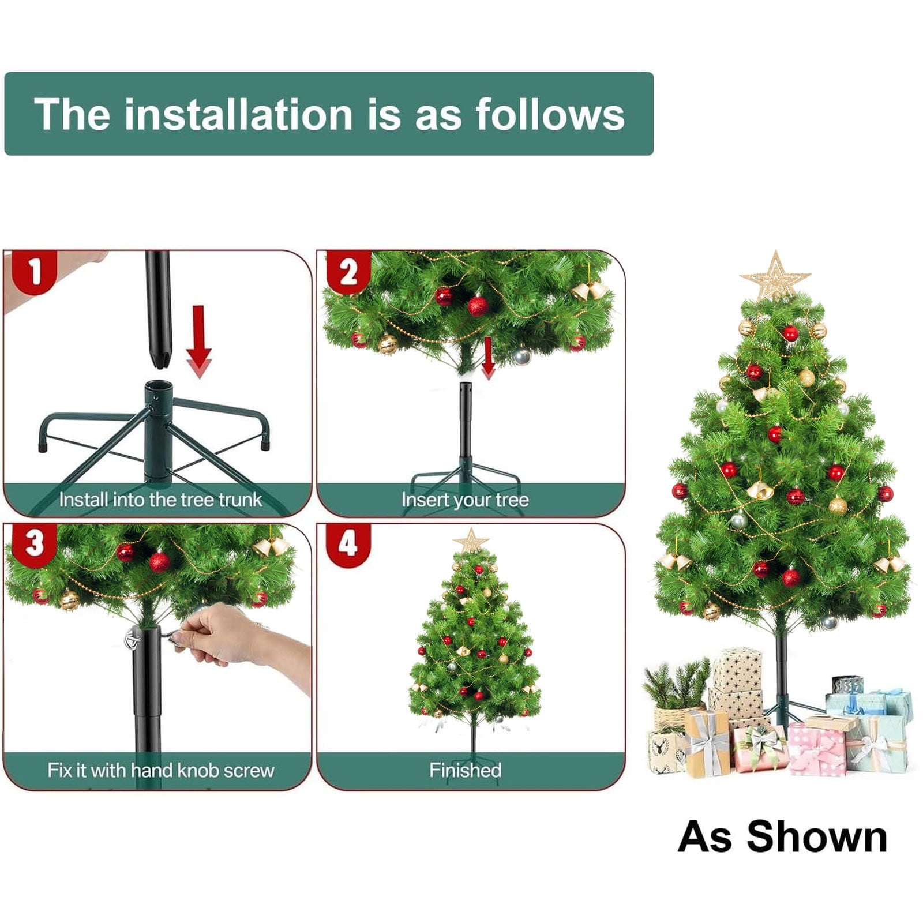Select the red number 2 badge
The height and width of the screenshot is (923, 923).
(348, 272)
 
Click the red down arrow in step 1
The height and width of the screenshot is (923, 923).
(198, 342)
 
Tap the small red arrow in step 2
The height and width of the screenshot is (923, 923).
(488, 358)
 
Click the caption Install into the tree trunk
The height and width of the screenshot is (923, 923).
(160, 500)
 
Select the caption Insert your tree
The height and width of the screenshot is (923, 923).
(465, 500)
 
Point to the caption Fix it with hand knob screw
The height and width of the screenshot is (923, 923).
(160, 770)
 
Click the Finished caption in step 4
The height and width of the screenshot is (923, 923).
(465, 770)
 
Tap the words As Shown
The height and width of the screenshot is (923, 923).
(782, 836)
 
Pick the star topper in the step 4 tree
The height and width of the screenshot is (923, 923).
(472, 540)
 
